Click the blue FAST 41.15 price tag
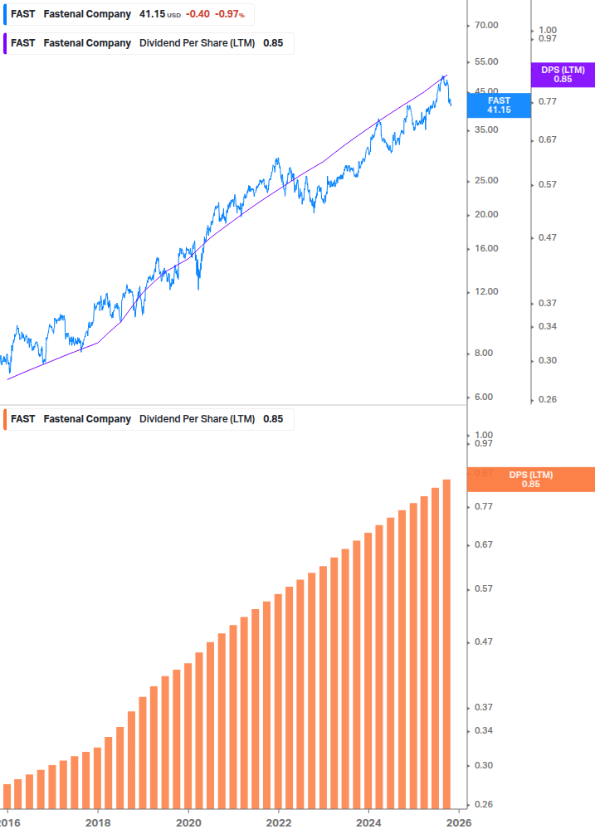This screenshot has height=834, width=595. tap(499, 105)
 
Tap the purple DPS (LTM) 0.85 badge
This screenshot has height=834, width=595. tap(562, 75)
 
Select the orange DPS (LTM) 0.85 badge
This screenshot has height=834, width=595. tap(531, 479)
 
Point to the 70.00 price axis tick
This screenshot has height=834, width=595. tap(485, 25)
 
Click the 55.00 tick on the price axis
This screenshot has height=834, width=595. tap(485, 61)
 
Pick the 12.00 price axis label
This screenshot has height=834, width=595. tap(485, 291)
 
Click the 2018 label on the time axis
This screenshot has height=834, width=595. tap(98, 822)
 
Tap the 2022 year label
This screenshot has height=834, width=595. tap(279, 822)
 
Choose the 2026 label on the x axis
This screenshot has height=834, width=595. tap(459, 822)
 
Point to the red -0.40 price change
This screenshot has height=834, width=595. tap(197, 14)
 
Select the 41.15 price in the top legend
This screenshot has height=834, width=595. tap(151, 14)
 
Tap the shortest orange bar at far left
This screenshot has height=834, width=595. tap(7, 795)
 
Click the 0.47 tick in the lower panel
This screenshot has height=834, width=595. tap(483, 641)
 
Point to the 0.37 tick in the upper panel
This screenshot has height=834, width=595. tap(547, 303)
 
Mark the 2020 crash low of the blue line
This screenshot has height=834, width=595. tap(199, 289)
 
